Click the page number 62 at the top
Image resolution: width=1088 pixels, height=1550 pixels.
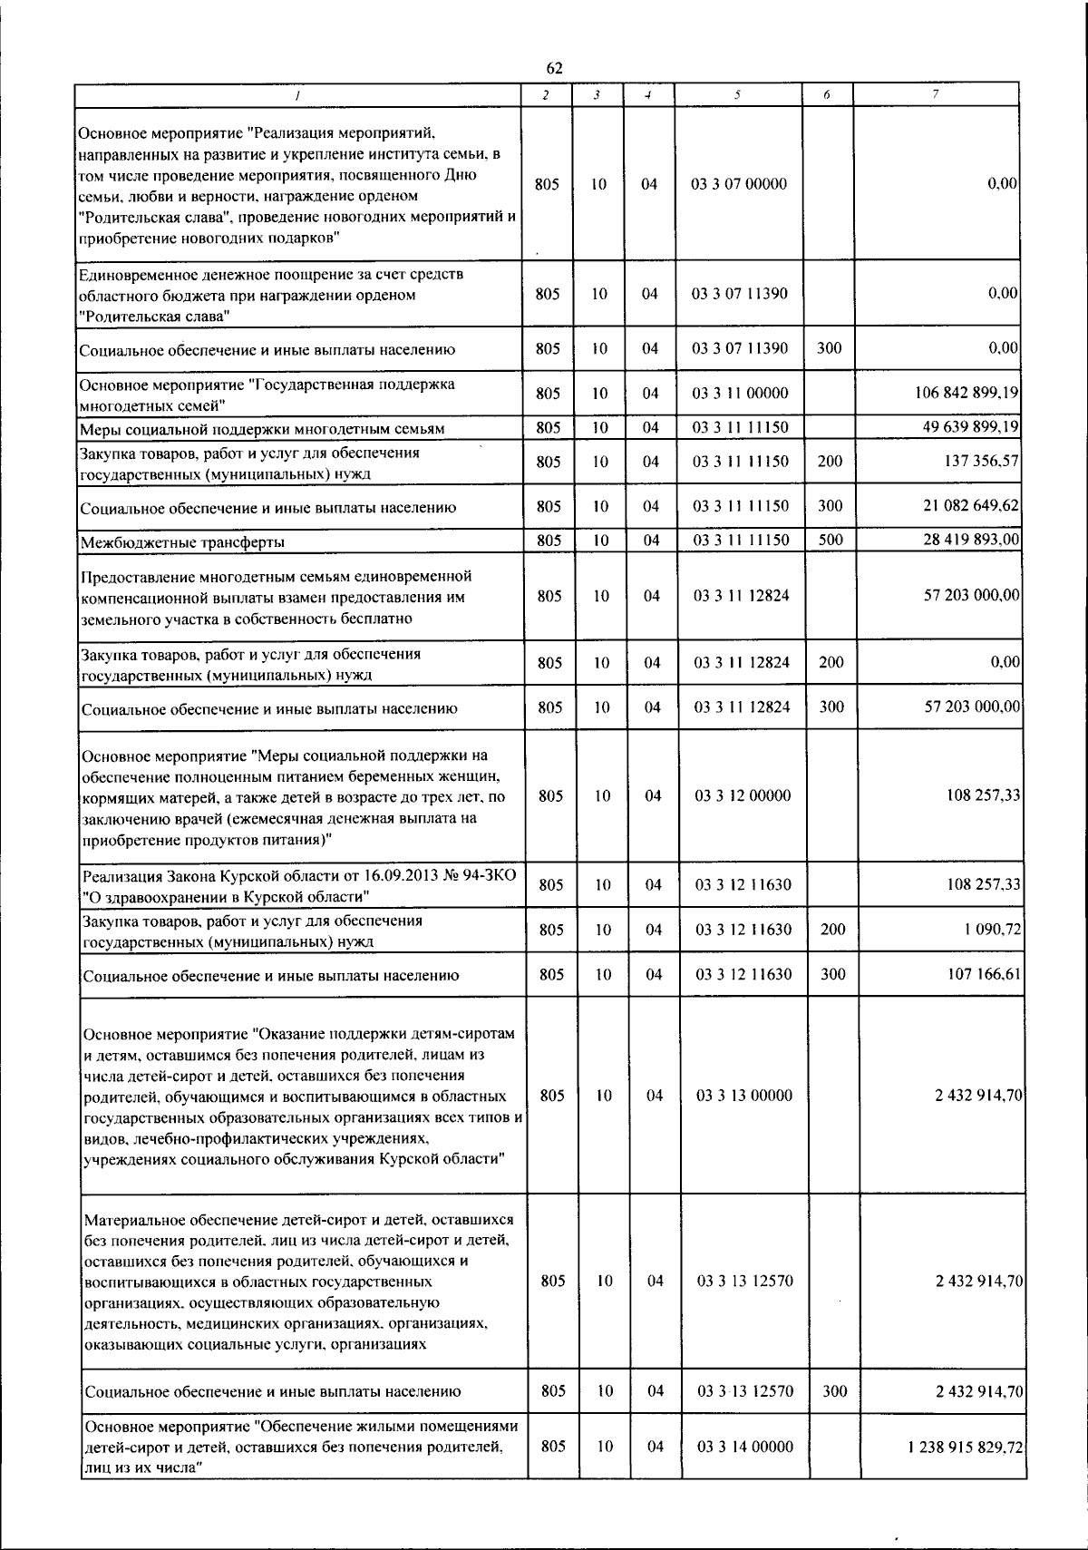(x=555, y=68)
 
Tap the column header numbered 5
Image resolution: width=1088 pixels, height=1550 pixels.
(x=738, y=94)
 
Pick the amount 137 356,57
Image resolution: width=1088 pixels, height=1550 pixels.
(x=981, y=461)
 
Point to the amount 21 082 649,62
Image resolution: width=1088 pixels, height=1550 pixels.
(x=970, y=506)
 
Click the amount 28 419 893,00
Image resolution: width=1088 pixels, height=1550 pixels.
(x=970, y=541)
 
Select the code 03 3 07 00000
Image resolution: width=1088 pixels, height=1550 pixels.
(x=739, y=184)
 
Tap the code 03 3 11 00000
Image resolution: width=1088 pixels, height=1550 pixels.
(x=741, y=394)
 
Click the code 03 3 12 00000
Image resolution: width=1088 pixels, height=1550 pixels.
(x=743, y=795)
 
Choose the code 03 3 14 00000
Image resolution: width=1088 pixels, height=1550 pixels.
(x=744, y=1447)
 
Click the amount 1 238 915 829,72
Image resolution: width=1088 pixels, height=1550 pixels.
(x=965, y=1447)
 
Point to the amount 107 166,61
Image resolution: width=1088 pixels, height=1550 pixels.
(x=984, y=975)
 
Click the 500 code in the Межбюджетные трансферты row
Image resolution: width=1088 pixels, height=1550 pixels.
(x=831, y=541)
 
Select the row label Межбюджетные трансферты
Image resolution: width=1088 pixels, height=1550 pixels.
(x=182, y=542)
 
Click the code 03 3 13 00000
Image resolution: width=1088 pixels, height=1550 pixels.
(x=743, y=1096)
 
